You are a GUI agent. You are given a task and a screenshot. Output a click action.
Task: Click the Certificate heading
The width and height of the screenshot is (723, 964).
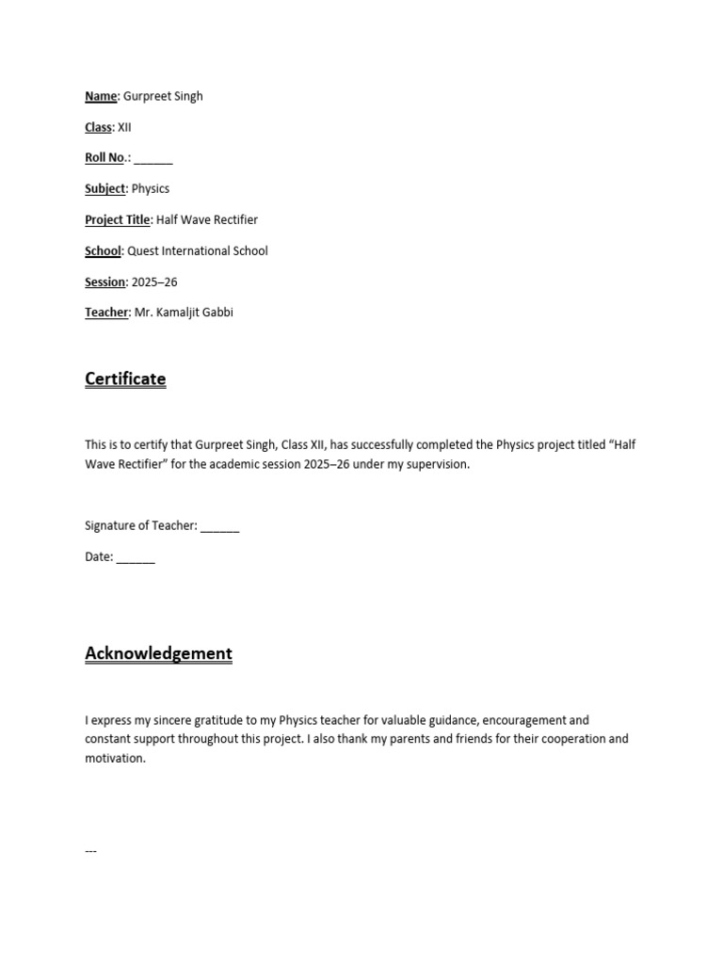pos(125,378)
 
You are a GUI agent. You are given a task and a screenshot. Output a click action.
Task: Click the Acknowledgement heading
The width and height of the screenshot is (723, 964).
pos(158,653)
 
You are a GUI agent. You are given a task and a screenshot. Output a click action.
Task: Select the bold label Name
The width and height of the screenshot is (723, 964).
pos(101,96)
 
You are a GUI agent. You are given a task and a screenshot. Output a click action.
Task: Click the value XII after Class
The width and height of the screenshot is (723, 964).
pos(124,127)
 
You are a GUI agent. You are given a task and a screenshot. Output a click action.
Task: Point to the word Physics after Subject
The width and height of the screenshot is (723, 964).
pos(151,188)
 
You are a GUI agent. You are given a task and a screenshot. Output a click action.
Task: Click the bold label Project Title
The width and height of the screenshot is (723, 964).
pos(118,219)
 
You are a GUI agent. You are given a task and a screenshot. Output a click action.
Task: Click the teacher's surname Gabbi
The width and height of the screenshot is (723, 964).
pos(216,313)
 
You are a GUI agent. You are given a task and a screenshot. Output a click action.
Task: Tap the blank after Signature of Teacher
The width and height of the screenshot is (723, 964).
pos(220,526)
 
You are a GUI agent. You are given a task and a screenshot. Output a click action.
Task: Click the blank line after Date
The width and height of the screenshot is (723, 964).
pos(137,557)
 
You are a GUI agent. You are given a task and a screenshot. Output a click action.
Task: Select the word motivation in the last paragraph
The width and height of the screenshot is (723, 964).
pos(114,759)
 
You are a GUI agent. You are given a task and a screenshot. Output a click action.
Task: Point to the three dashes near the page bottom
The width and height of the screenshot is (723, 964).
pos(91,851)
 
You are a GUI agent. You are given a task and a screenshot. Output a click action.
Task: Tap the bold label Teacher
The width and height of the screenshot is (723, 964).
pos(106,313)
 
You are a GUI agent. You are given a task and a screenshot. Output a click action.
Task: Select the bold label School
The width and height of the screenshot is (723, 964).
pos(103,250)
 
